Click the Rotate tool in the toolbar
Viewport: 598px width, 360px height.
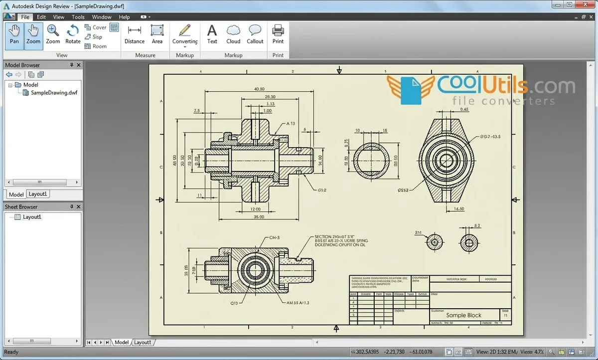(x=73, y=34)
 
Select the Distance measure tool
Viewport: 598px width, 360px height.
(x=134, y=34)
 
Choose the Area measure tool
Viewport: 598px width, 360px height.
(x=157, y=34)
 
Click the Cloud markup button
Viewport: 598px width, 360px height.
(x=233, y=34)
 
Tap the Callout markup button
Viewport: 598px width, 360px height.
(x=255, y=34)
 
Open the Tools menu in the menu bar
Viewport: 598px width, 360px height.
(x=78, y=17)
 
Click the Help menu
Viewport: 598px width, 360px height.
(x=124, y=17)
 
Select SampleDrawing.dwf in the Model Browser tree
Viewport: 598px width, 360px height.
(x=54, y=93)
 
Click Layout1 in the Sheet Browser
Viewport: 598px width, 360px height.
(x=32, y=217)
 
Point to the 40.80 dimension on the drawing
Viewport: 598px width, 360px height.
(x=259, y=89)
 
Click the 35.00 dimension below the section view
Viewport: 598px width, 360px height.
(x=259, y=217)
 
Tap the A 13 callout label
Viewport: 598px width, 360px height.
(x=291, y=124)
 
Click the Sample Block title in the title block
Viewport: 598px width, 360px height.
(x=463, y=315)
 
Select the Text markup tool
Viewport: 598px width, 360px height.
(x=212, y=34)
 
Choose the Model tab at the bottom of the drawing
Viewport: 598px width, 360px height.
(x=121, y=343)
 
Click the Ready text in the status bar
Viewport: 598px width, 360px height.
(x=11, y=352)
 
